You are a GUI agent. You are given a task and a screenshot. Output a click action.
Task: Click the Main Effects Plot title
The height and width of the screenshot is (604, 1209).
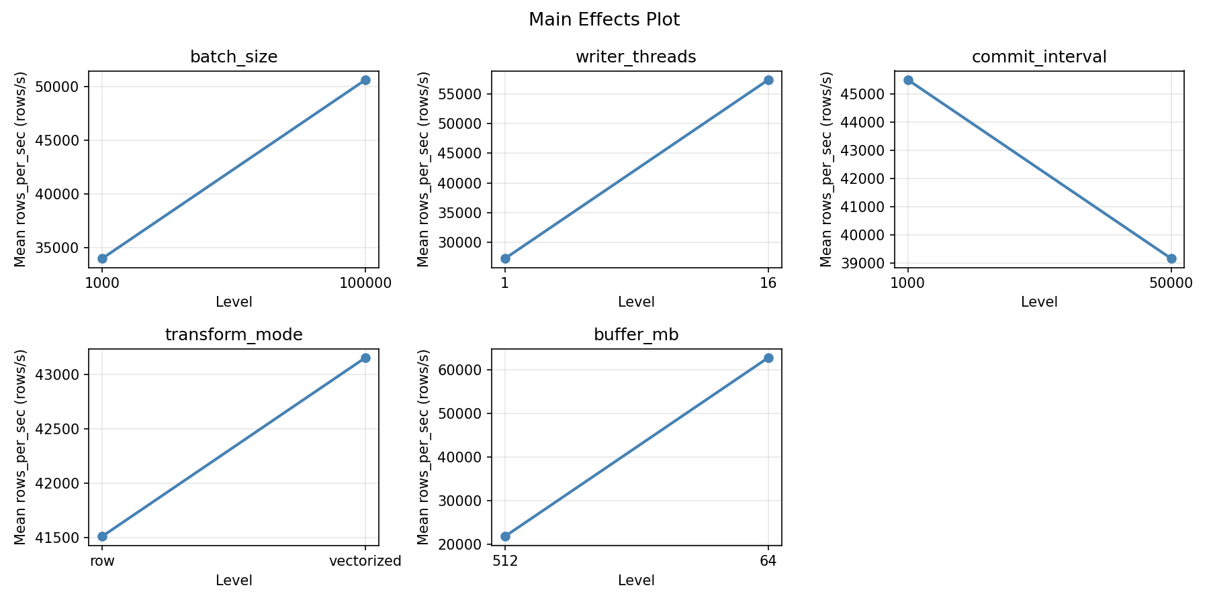click(604, 20)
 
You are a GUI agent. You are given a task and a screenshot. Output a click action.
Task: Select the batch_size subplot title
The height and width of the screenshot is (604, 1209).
click(234, 57)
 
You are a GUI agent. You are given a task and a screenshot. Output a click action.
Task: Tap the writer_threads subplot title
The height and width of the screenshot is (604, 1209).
click(636, 57)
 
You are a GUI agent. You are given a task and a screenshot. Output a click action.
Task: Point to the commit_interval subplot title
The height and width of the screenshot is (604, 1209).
click(1039, 57)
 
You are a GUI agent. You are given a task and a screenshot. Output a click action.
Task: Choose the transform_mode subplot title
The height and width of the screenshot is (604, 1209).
click(234, 335)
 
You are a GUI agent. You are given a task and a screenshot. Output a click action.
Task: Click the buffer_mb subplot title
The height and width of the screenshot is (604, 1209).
click(636, 335)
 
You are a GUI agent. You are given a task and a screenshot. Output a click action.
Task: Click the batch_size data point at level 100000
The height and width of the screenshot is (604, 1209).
click(365, 80)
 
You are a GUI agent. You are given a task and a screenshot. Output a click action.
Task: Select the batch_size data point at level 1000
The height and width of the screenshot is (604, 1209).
click(102, 258)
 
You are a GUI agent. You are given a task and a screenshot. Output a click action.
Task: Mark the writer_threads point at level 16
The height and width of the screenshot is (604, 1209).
click(768, 80)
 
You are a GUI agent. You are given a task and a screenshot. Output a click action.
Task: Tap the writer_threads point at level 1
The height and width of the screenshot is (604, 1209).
click(505, 258)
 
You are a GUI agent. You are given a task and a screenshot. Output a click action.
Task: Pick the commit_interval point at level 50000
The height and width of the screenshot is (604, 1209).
click(1171, 258)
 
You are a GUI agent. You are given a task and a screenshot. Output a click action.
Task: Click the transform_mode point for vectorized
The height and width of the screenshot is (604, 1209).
click(365, 358)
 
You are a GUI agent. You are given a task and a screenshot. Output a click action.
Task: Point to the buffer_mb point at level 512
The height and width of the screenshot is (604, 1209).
click(505, 536)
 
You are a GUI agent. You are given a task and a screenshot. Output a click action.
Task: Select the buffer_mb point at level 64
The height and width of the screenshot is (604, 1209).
click(768, 358)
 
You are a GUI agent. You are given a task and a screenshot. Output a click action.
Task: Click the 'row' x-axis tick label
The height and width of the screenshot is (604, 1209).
click(102, 561)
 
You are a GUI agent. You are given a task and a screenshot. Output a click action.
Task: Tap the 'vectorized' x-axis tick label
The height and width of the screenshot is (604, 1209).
click(365, 561)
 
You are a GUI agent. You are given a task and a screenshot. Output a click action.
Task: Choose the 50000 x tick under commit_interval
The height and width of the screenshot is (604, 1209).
click(1171, 283)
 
